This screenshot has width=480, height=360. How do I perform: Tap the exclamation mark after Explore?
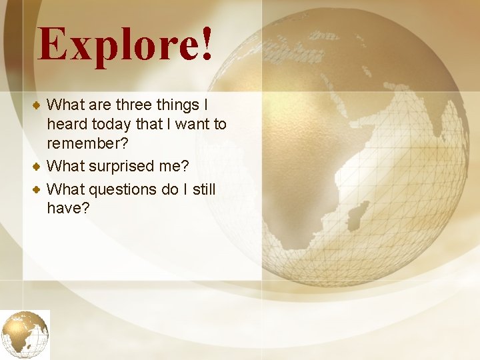tap(206, 45)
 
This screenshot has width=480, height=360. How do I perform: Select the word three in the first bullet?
tap(137, 105)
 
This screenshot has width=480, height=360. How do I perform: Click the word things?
tap(182, 105)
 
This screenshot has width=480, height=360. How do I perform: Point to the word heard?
tap(67, 124)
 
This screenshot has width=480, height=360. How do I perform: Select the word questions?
tap(123, 189)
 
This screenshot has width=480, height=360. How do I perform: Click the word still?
tap(203, 189)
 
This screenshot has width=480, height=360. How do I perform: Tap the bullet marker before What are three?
tap(39, 105)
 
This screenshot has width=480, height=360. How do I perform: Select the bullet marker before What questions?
tap(39, 189)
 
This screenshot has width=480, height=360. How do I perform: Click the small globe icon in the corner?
tap(25, 335)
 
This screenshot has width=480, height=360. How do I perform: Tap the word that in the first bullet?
tap(157, 124)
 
